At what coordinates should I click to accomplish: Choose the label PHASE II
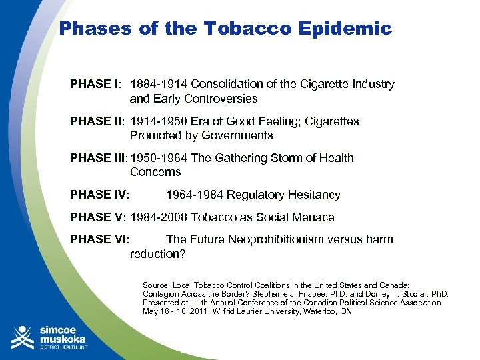pos(97,121)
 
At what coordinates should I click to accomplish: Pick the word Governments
pos(234,135)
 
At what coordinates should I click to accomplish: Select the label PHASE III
pos(99,158)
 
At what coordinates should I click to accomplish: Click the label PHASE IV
pos(99,195)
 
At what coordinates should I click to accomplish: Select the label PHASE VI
pos(99,239)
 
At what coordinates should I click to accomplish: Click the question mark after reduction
pos(183,254)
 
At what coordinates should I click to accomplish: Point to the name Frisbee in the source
pos(348,293)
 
